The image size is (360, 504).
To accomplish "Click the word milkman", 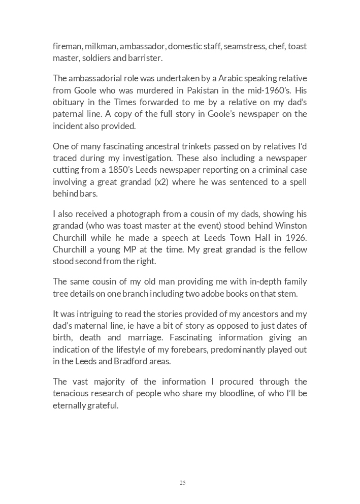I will pos(100,47).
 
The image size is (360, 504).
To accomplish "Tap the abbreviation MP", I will pos(140,249).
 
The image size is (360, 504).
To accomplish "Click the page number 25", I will pos(182,483).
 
